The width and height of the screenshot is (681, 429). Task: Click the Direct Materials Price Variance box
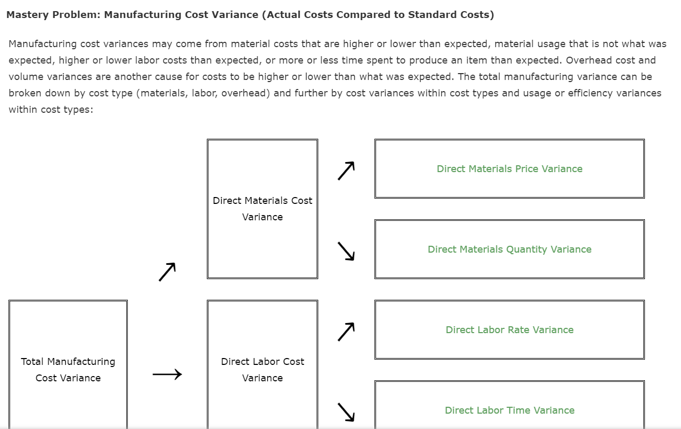509,169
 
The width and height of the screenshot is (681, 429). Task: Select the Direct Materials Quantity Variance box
509,249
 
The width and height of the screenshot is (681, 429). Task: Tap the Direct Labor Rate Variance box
509,330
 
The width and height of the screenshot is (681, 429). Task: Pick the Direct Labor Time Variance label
509,410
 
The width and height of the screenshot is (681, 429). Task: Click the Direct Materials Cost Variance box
263,209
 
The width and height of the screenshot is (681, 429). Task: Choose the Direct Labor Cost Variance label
263,370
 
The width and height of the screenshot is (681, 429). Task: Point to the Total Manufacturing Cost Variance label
68,370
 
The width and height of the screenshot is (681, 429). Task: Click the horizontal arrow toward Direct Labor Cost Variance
167,374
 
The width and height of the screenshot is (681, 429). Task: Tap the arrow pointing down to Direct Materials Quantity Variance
346,251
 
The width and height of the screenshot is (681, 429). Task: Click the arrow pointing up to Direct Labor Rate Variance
346,332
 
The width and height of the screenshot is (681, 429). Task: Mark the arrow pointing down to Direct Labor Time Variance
346,412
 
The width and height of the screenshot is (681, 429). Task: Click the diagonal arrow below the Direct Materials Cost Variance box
167,272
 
